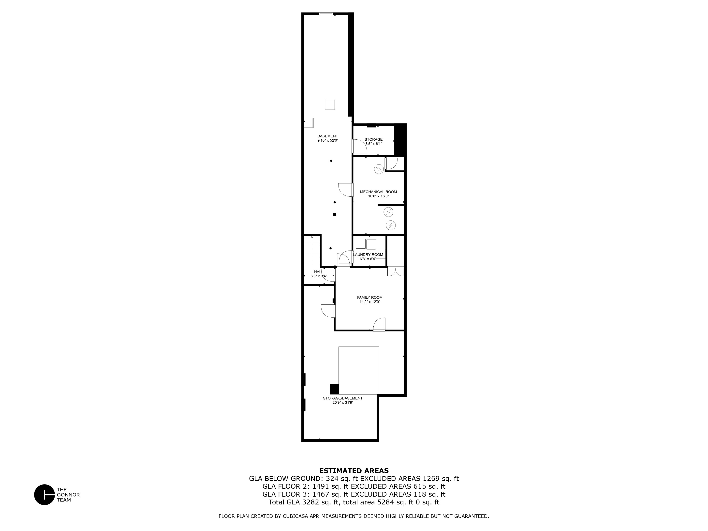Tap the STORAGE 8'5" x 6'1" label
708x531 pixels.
point(373,140)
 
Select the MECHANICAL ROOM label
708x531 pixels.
point(378,192)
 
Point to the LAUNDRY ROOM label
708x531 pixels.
point(368,255)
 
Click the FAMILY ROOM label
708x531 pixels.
point(370,298)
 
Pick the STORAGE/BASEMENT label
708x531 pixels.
point(342,398)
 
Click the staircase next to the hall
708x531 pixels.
point(312,251)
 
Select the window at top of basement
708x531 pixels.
point(326,14)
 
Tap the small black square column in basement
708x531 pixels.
point(335,214)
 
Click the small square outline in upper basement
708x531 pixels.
point(330,105)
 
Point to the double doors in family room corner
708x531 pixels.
point(396,271)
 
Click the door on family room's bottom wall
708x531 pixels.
point(379,324)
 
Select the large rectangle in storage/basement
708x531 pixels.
point(359,370)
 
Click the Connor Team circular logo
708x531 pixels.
point(44,495)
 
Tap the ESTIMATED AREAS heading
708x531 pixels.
point(354,471)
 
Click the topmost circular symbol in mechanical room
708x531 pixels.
point(379,169)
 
